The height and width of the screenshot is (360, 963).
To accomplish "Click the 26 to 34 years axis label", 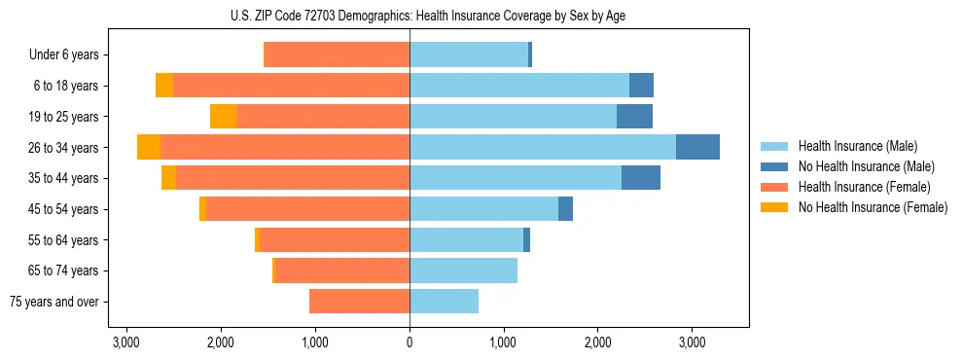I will point(65,148).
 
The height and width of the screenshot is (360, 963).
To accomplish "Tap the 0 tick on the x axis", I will point(410,343).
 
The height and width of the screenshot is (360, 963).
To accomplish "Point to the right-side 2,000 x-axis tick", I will point(597,343).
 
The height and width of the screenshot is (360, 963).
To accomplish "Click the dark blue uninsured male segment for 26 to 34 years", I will point(697,147).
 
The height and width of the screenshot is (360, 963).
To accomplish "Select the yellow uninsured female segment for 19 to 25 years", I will point(223,116).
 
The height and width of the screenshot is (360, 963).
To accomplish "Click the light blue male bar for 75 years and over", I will point(444,302).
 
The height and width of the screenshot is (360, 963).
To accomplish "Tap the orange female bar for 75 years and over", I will point(359,302).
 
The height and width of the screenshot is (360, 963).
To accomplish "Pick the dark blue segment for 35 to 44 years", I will point(641,178).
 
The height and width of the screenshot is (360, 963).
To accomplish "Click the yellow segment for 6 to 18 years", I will point(164,85).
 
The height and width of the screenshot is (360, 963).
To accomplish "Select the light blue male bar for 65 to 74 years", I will point(463,270).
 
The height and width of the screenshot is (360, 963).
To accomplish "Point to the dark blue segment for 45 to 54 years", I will point(565,208).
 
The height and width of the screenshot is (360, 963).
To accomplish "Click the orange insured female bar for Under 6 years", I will point(337,54).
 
